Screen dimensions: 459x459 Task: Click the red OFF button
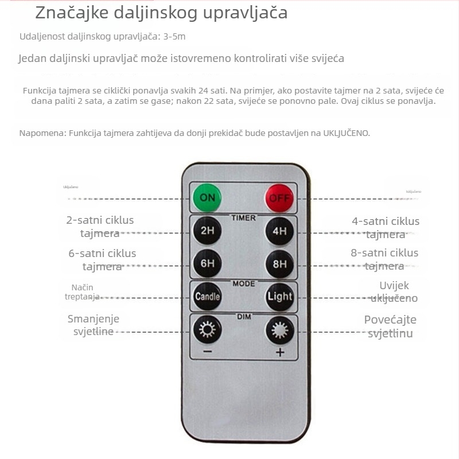(279, 199)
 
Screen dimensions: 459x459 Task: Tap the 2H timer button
(207, 232)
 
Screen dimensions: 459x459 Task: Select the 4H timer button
(279, 232)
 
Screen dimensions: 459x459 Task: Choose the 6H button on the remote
(207, 264)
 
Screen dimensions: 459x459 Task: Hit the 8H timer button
(279, 264)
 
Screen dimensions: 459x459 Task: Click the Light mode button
(279, 297)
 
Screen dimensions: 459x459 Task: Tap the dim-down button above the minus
(207, 330)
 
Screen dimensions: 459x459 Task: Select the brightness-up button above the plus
(279, 330)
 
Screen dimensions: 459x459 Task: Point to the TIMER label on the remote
(243, 218)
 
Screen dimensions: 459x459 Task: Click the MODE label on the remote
(243, 283)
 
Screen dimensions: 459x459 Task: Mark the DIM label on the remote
(243, 316)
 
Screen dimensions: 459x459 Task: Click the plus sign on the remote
(280, 352)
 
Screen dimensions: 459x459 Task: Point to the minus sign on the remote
(207, 352)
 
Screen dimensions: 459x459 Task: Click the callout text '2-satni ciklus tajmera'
(100, 227)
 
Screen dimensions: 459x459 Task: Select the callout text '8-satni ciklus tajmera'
(385, 259)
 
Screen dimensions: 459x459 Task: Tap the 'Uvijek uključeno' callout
(394, 291)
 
